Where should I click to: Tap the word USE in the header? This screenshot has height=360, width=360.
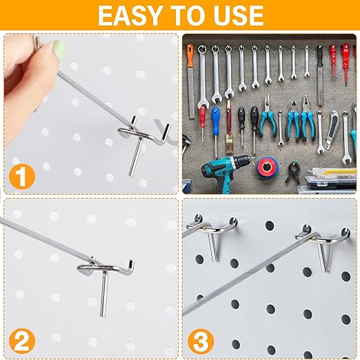tap(234, 15)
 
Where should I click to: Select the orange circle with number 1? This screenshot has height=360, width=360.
tap(24, 176)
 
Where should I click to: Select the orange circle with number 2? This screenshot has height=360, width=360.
tap(24, 339)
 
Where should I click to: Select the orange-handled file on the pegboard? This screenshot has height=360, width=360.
tap(190, 69)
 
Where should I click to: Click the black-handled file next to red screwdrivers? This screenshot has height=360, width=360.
tap(319, 66)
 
